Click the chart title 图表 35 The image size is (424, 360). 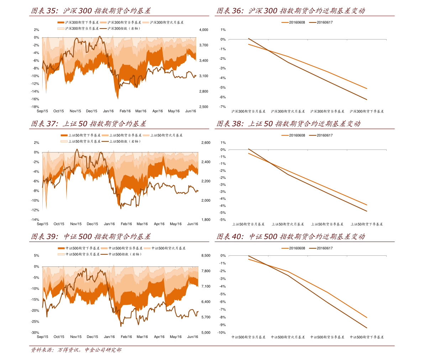[90, 11]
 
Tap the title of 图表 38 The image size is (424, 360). [288, 124]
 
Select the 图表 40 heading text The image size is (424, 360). [290, 237]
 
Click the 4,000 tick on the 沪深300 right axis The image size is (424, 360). [204, 30]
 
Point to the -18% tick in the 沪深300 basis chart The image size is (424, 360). [35, 107]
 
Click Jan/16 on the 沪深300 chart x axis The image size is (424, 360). [108, 111]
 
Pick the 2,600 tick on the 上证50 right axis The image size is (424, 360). [206, 143]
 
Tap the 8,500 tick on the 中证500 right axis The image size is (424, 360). [206, 255]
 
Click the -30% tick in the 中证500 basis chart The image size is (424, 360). [35, 333]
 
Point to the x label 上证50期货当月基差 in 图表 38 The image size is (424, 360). [248, 224]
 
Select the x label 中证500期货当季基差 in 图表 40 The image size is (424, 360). [327, 337]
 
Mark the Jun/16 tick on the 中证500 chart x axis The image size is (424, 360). [193, 337]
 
